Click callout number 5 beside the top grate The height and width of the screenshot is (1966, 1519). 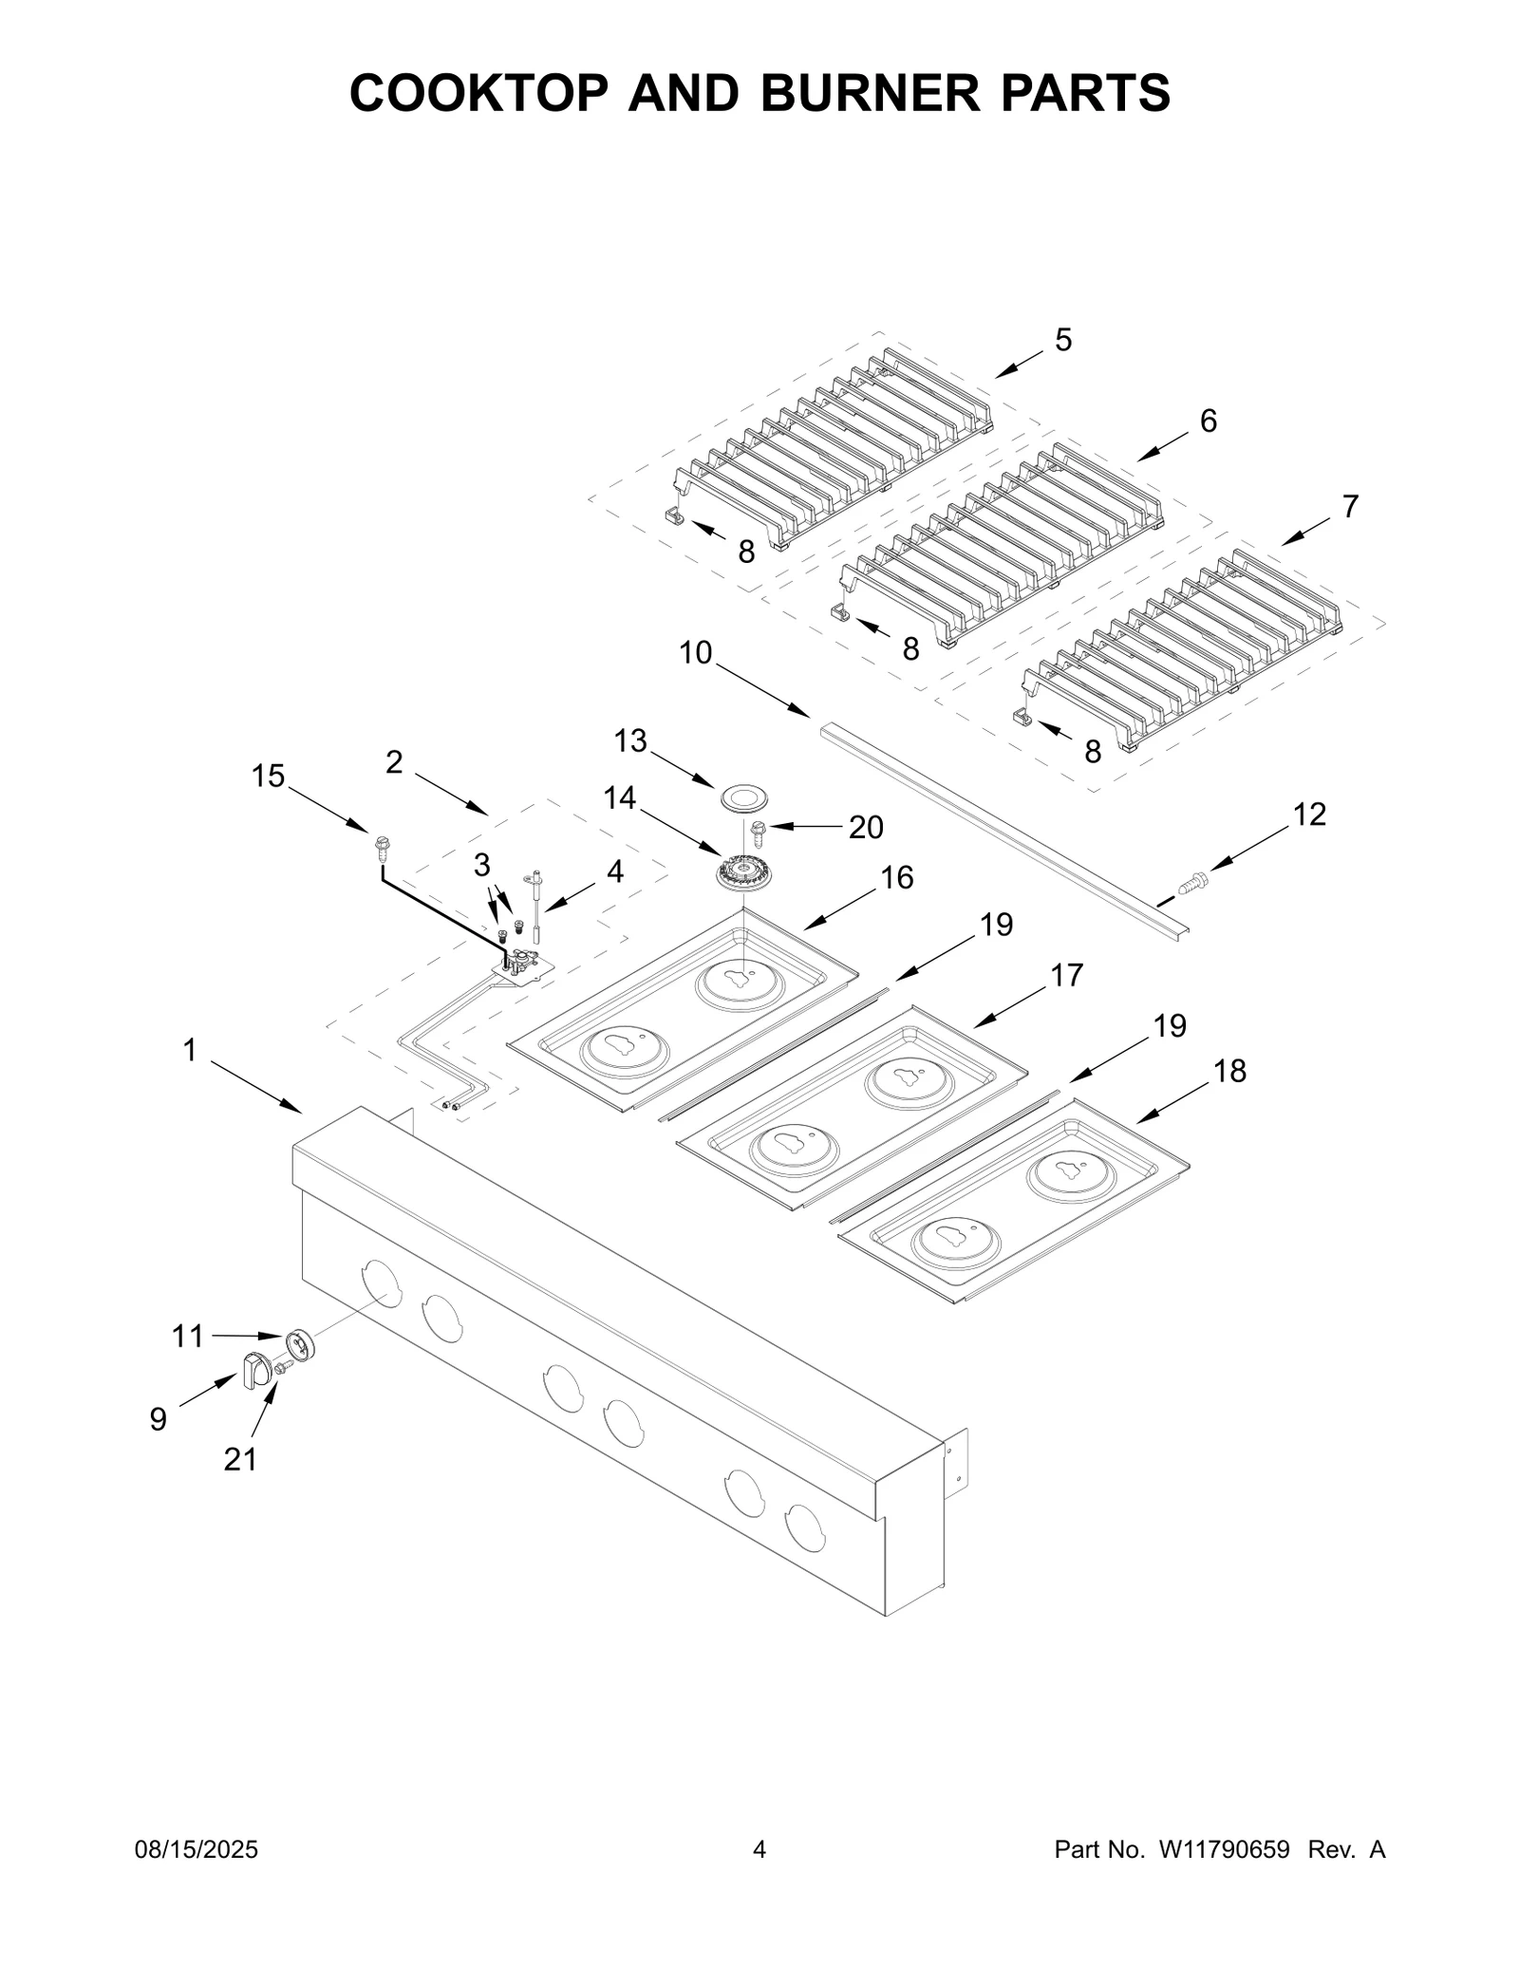[1062, 340]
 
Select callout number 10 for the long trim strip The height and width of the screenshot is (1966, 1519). [695, 653]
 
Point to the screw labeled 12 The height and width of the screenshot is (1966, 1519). [1191, 883]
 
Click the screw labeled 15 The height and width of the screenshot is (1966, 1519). [382, 845]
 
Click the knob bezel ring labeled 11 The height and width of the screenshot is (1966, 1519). [299, 1345]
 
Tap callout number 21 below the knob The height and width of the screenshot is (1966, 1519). [240, 1459]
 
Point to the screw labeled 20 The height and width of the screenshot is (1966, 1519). [758, 833]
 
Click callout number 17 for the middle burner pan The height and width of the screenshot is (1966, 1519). [1066, 975]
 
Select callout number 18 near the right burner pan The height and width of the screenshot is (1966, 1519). [1229, 1071]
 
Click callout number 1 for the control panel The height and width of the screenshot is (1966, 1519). [189, 1050]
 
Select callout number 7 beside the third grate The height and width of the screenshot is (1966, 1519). [1350, 507]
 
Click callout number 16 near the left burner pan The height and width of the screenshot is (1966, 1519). [897, 878]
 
